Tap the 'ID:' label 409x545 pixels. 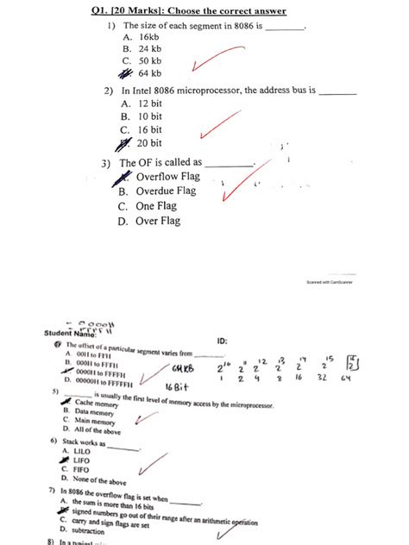coord(223,341)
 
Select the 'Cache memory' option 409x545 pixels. coord(97,403)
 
